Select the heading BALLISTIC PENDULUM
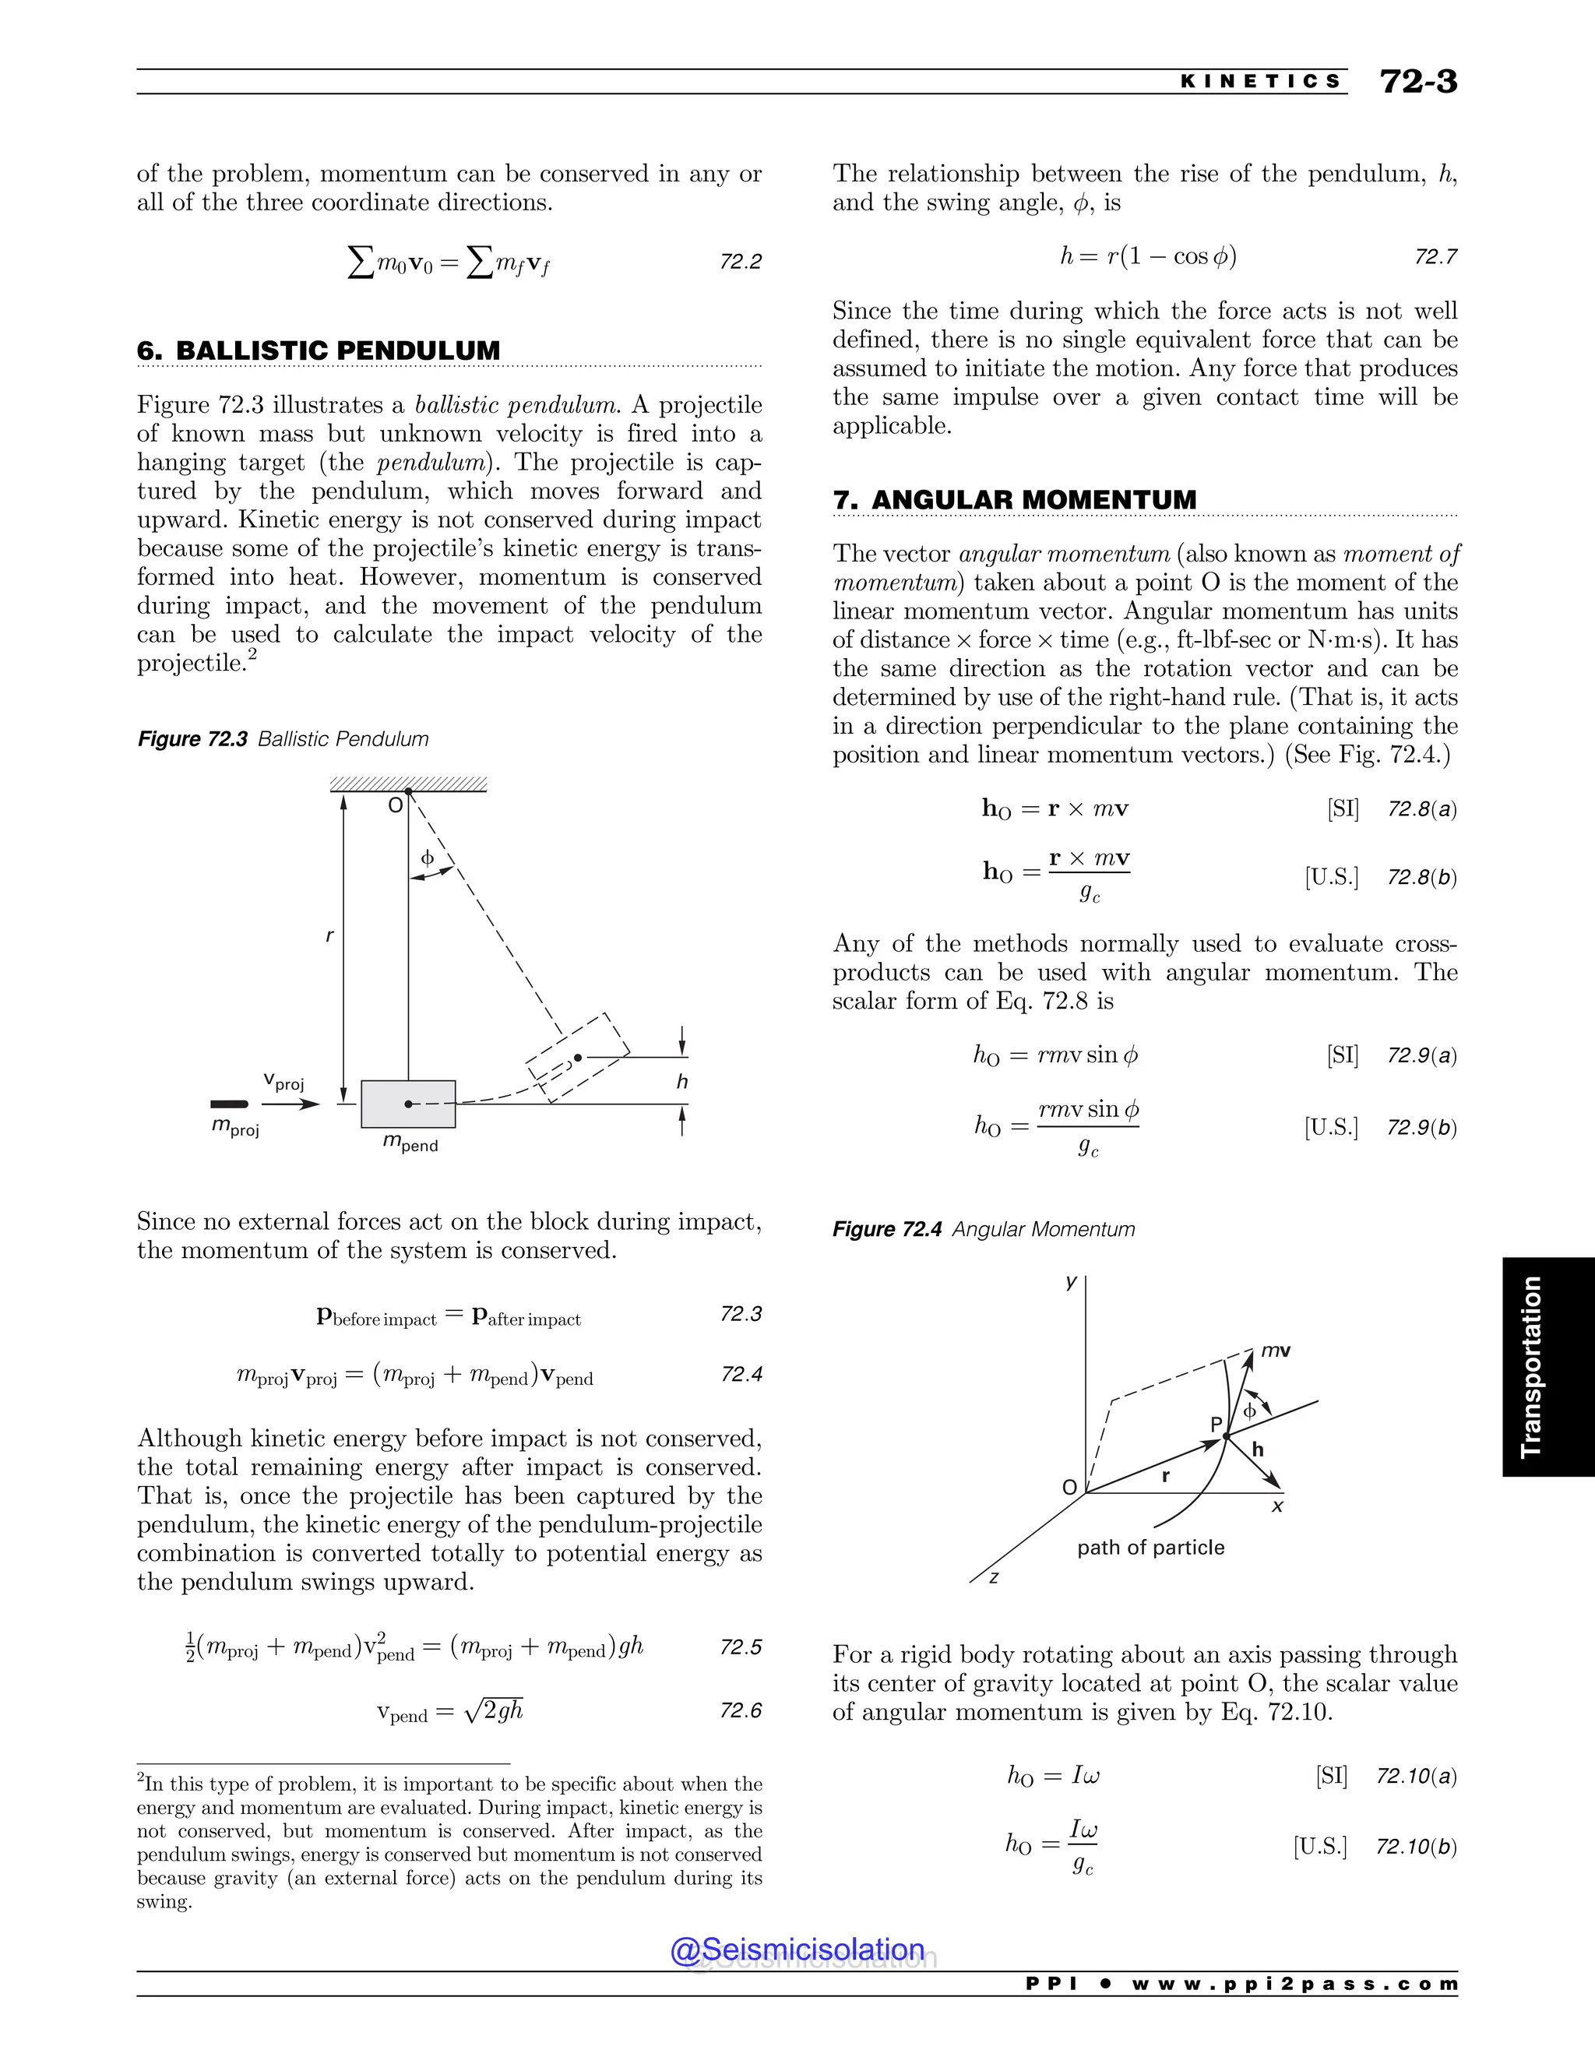click(337, 350)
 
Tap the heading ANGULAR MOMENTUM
click(1033, 500)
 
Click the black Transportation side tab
click(1547, 1367)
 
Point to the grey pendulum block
click(408, 1104)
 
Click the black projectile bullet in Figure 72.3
click(229, 1104)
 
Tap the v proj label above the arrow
click(283, 1081)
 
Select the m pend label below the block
click(410, 1143)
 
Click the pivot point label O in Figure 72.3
click(395, 805)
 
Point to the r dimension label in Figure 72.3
click(329, 935)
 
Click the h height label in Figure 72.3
click(682, 1082)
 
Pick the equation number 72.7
click(1435, 257)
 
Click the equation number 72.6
click(740, 1710)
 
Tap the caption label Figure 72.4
click(887, 1230)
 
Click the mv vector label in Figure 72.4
click(1276, 1351)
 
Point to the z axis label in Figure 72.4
click(994, 1577)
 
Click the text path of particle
click(1150, 1547)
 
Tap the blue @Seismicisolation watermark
click(797, 1950)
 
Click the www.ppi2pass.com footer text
click(1294, 1984)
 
